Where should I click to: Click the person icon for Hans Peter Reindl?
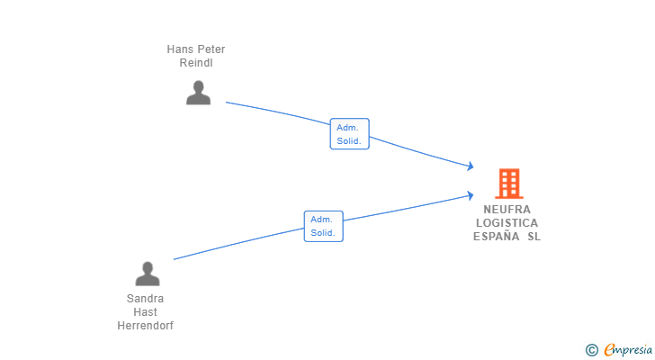(x=198, y=93)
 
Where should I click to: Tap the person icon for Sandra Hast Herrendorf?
(x=147, y=274)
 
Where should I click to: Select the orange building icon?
(x=508, y=184)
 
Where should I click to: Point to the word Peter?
(x=211, y=49)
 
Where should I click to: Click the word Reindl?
(x=196, y=63)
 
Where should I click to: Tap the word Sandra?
(x=145, y=299)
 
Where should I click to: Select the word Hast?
(x=145, y=312)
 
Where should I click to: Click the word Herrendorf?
(x=145, y=326)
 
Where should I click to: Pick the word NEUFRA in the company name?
(x=507, y=209)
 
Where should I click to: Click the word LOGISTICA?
(x=507, y=222)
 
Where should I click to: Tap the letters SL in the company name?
(x=534, y=237)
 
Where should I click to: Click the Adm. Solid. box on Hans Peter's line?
(x=349, y=134)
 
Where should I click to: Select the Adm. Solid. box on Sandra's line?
(x=324, y=226)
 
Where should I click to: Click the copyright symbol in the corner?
(x=591, y=349)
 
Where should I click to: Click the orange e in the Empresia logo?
(x=609, y=349)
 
